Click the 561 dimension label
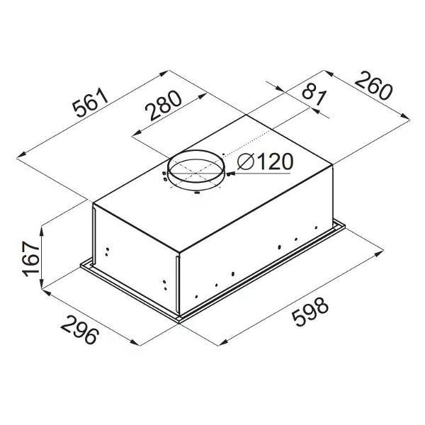(91, 102)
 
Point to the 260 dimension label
(373, 85)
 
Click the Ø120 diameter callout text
(265, 161)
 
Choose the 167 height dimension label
(31, 259)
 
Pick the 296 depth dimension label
(79, 329)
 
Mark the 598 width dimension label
(310, 312)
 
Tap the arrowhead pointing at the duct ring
(229, 174)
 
